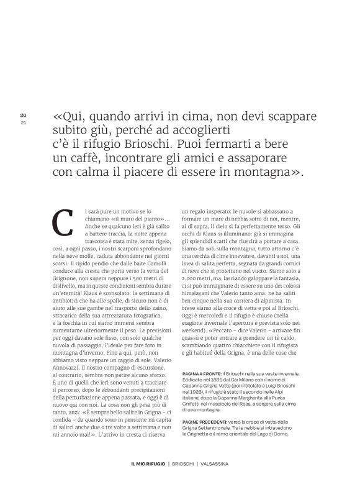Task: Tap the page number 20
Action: (23, 116)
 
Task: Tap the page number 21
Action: (23, 122)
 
